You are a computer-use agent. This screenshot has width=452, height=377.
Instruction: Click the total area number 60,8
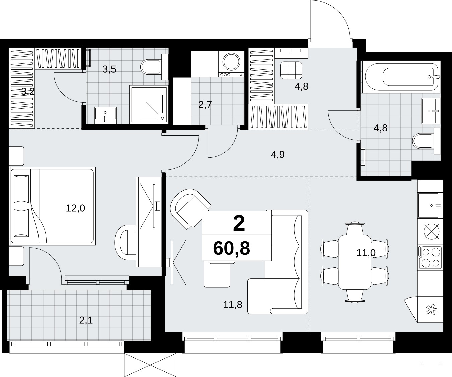[232, 248]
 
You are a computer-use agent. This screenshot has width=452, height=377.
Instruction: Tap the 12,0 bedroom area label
[75, 208]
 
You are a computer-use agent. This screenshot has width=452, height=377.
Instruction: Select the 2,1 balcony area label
[86, 320]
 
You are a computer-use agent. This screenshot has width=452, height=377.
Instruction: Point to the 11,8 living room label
[233, 305]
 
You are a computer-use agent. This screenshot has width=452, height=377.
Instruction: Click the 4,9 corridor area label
[278, 155]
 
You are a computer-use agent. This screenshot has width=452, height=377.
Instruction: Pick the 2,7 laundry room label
[205, 105]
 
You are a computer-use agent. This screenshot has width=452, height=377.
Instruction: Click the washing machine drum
[232, 62]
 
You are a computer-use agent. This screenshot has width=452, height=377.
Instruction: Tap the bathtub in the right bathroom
[401, 77]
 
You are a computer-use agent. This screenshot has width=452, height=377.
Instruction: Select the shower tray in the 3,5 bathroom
[149, 105]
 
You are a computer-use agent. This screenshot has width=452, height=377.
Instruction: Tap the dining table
[355, 262]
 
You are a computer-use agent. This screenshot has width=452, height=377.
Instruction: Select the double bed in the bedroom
[52, 206]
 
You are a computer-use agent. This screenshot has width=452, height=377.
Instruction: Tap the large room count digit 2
[239, 224]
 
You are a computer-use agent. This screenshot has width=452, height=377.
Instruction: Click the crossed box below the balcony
[150, 365]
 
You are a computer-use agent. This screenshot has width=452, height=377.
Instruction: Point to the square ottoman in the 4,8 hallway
[291, 70]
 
